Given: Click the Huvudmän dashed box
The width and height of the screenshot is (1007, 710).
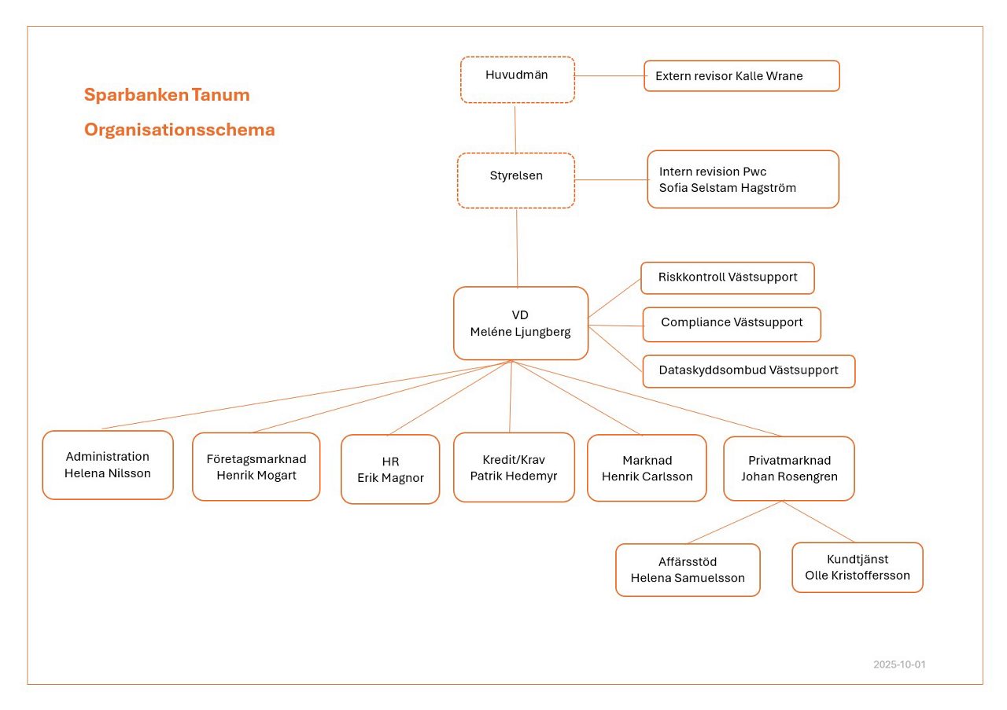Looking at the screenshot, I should point(517,79).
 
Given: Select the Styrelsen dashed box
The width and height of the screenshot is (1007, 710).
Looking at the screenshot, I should point(516,180).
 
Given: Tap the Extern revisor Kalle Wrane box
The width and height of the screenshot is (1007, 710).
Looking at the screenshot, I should point(741,76).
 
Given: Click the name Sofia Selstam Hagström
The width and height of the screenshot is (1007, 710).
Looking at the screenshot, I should point(728,188).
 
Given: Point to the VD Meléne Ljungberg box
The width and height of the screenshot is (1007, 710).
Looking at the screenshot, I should point(521,323).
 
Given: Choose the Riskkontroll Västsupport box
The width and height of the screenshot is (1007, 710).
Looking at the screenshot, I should point(727,278).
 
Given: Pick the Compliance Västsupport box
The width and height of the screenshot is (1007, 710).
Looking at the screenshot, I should point(731,324).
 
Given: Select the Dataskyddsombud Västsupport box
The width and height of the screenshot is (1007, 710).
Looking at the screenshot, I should point(748,370).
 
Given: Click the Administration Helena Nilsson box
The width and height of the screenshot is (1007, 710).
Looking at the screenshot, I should point(108,465).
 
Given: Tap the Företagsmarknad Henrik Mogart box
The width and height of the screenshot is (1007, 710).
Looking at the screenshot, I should point(256,466).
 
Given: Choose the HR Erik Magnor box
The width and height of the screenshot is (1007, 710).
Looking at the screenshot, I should point(390,469).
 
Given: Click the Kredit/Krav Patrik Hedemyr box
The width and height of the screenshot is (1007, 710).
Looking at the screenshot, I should point(514,467).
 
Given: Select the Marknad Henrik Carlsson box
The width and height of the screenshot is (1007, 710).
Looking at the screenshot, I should point(647,468).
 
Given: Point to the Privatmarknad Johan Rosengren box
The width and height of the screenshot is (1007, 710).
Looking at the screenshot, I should point(789,468).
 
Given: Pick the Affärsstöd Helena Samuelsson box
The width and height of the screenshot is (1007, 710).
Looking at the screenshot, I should point(688,570).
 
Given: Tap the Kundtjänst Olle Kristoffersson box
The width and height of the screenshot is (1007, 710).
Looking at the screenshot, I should point(857,567).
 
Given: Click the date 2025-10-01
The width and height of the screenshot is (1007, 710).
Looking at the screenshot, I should point(899,664).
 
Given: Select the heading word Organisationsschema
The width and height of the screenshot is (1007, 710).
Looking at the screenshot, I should point(179,131).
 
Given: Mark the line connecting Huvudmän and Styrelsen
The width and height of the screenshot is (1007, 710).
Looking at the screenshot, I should point(515,128).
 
